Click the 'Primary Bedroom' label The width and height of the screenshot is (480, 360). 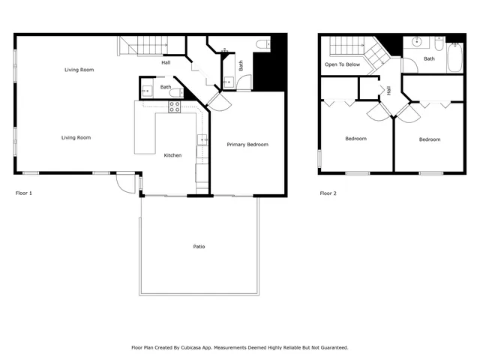tap(247, 145)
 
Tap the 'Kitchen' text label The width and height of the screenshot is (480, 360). tap(173, 155)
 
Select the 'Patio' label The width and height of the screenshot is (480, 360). tap(199, 247)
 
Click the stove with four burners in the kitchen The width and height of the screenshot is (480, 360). tap(174, 107)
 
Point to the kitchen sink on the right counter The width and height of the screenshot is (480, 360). tap(202, 139)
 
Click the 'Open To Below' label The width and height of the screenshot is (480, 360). tap(342, 64)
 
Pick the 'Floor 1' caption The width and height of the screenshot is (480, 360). tap(24, 193)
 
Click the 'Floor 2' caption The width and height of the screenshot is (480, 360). tap(328, 193)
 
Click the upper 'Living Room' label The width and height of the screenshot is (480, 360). tap(79, 70)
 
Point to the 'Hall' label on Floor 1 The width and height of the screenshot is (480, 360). tap(166, 62)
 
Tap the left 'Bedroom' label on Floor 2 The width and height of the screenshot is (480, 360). tap(355, 139)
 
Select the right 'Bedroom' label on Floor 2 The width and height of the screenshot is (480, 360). tap(430, 139)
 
